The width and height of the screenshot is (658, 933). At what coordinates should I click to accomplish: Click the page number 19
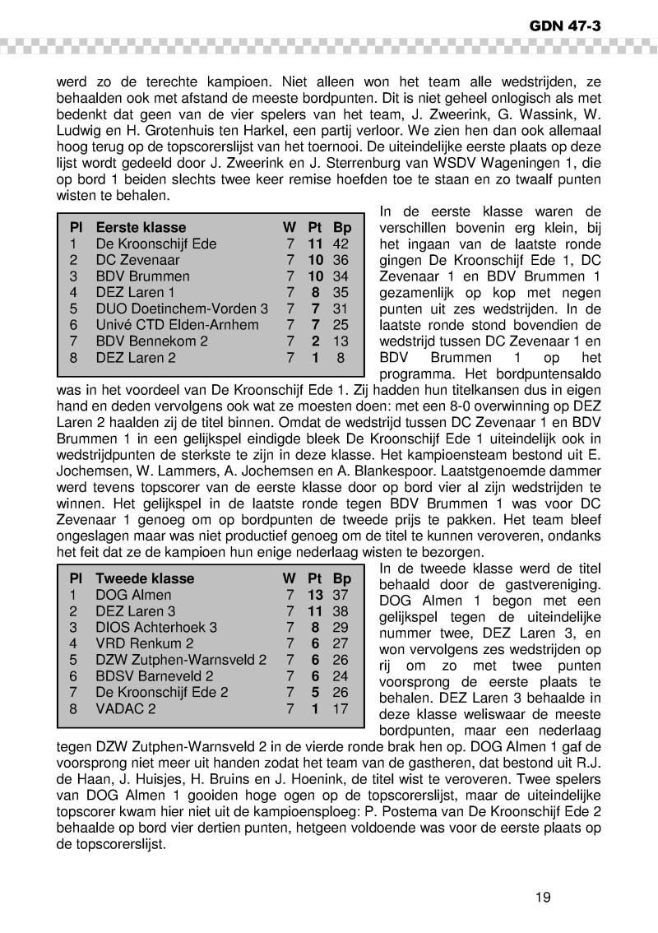point(542,898)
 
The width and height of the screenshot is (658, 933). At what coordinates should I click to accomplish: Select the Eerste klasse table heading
point(141,228)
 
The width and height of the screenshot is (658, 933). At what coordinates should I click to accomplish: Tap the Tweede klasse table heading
point(145,578)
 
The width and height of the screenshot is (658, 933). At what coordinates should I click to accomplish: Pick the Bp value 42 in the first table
point(341,244)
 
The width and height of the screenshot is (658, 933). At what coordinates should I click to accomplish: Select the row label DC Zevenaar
point(137,260)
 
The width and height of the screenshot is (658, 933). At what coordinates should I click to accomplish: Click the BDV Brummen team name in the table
point(142,276)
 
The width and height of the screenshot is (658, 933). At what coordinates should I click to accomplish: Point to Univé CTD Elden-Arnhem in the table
point(177,325)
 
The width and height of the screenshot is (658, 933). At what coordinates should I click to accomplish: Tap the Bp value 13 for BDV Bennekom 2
point(341,341)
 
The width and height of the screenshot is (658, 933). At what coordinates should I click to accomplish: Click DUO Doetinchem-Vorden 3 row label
point(182,309)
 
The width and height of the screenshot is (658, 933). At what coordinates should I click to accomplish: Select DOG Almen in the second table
point(133,595)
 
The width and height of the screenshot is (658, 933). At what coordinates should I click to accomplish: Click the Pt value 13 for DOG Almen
point(314,595)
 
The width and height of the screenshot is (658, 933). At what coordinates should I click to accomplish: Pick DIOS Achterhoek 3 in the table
point(156,627)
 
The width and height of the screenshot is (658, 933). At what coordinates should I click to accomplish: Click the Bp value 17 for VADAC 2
point(341,708)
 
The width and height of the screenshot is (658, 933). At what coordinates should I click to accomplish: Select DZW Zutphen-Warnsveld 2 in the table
point(181,659)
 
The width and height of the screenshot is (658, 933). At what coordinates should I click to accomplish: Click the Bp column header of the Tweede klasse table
point(341,578)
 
